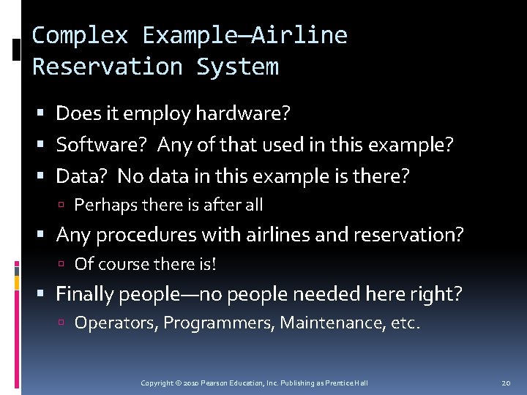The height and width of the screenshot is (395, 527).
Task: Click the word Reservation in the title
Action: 107,67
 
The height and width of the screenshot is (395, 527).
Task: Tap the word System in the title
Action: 237,67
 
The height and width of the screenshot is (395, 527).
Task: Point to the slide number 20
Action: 506,383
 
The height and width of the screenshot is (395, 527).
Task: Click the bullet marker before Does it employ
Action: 45,114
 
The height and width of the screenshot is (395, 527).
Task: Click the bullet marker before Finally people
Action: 45,295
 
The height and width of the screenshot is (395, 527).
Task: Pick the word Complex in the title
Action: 79,35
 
